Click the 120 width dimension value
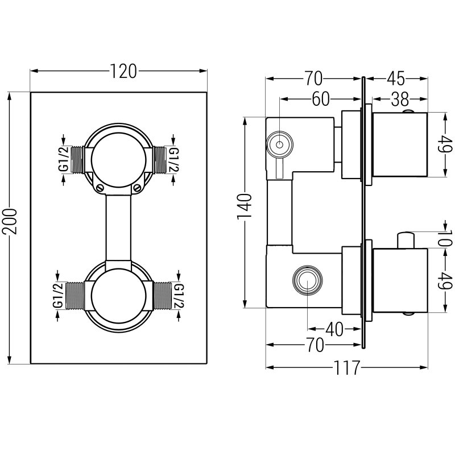(123, 71)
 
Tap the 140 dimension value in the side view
(245, 208)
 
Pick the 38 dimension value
(400, 100)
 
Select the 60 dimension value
(321, 99)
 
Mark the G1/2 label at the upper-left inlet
(65, 159)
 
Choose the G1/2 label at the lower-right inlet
(179, 296)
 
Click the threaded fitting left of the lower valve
(75, 296)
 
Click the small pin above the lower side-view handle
(406, 239)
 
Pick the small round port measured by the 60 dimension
(279, 146)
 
